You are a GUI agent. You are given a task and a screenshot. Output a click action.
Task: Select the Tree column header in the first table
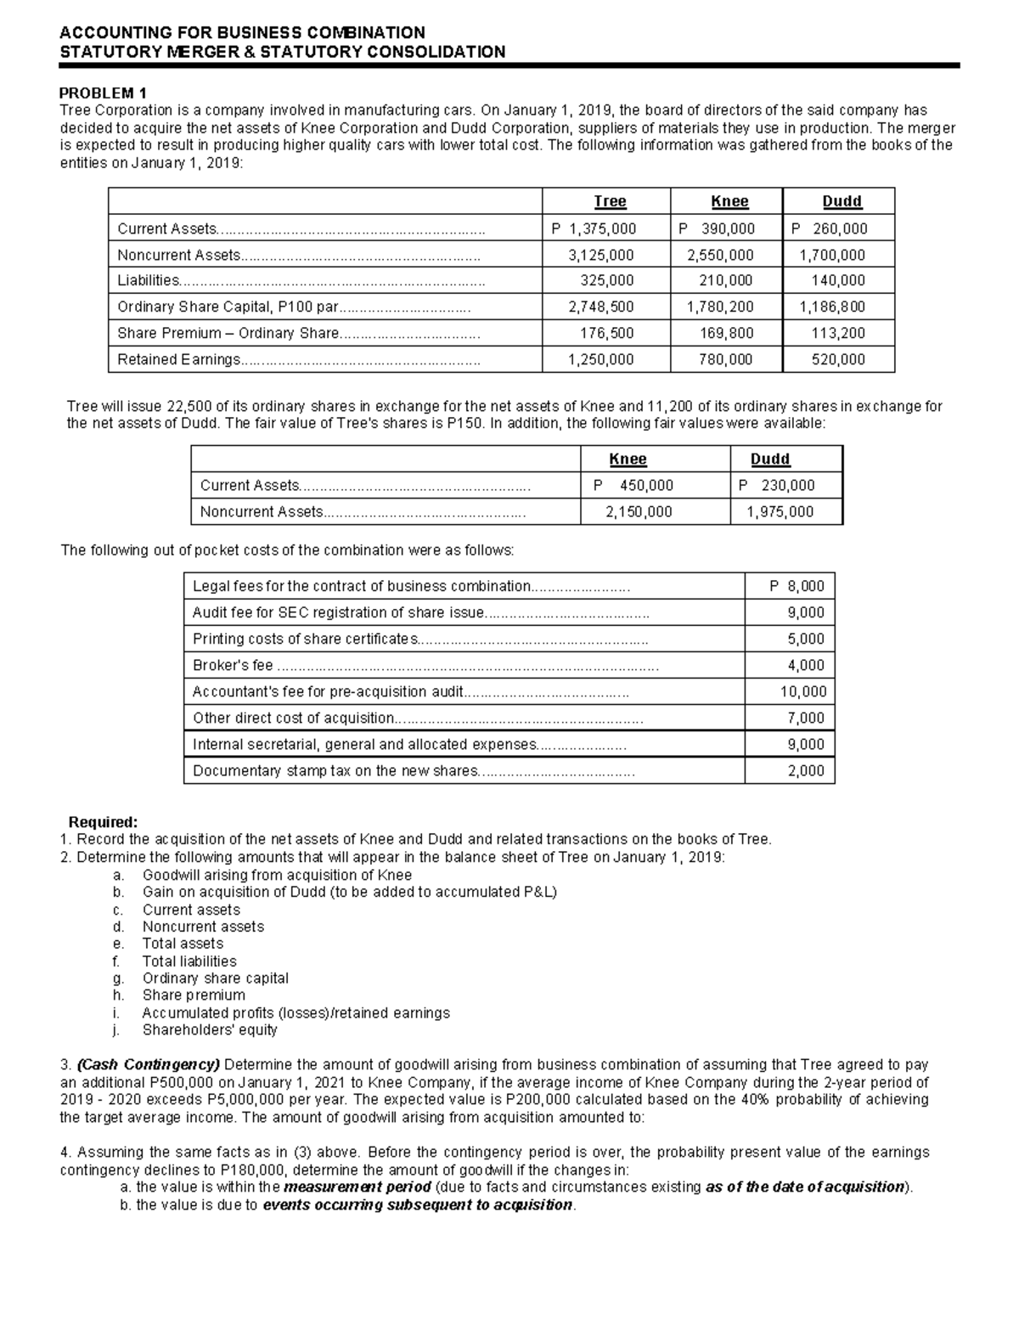tap(610, 201)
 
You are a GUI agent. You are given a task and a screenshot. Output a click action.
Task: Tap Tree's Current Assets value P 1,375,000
tap(594, 228)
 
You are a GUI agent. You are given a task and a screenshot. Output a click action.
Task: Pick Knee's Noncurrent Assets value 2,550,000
tap(720, 255)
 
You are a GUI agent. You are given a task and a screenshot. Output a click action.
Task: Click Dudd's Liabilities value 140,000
tap(837, 280)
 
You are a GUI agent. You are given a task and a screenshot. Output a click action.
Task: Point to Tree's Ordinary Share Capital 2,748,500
tap(601, 307)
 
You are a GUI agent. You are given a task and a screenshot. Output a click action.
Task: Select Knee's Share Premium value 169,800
tap(727, 333)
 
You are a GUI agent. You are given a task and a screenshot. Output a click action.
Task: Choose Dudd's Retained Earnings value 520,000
tap(838, 359)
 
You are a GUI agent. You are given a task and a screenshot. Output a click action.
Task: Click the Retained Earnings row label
tap(178, 359)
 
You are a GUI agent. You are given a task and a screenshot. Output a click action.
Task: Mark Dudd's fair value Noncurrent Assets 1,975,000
tap(780, 511)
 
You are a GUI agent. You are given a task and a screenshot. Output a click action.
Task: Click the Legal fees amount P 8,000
tap(797, 586)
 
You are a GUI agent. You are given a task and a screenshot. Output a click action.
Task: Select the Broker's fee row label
tap(233, 665)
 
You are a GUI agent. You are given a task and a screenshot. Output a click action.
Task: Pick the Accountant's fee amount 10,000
tap(803, 691)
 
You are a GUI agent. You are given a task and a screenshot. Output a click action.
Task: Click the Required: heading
tap(102, 822)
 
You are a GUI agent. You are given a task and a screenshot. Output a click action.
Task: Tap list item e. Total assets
tap(183, 944)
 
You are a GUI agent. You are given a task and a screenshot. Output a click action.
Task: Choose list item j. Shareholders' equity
tap(210, 1029)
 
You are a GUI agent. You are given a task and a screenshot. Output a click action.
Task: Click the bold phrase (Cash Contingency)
tap(149, 1064)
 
